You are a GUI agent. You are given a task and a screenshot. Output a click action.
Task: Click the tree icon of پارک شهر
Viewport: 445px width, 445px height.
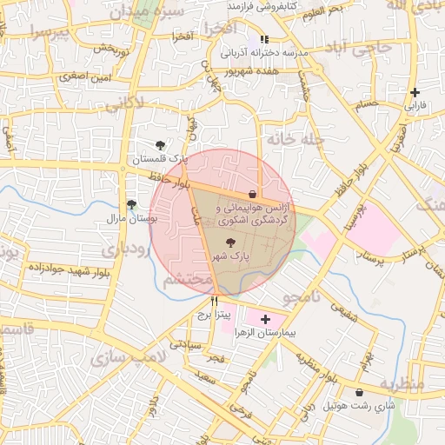[230, 243]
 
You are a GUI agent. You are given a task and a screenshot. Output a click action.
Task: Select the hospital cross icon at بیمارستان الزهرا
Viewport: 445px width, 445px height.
[265, 320]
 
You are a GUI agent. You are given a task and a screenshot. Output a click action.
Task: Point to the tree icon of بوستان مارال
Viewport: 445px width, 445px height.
[131, 205]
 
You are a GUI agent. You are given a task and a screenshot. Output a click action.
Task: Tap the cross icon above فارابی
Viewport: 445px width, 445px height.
[415, 92]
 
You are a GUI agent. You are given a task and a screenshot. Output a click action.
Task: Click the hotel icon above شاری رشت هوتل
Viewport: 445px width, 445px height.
[359, 393]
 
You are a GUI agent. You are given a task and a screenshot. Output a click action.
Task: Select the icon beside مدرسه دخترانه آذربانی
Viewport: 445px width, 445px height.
[265, 39]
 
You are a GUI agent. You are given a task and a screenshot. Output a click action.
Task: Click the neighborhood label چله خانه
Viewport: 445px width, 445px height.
[295, 138]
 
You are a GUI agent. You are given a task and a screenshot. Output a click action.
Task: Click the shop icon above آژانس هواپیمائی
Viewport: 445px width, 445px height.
[252, 194]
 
